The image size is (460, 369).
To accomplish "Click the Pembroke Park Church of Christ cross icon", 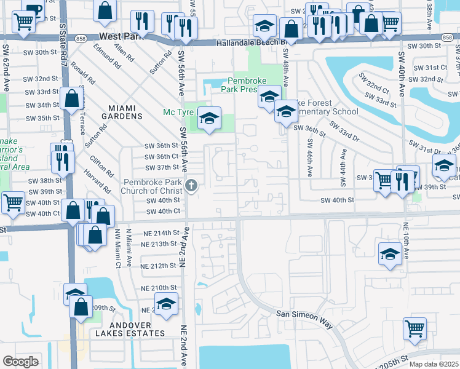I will pos(191,185).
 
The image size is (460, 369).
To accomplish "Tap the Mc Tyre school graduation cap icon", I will pos(209,119).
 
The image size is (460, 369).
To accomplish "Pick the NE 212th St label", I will pos(159,266).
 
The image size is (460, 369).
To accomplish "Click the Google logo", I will pos(20,362).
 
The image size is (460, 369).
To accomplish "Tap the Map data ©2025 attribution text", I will pos(434,364).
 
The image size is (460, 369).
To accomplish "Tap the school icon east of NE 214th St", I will pos(390,255).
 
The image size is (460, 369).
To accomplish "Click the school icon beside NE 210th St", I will pos(166,304).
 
